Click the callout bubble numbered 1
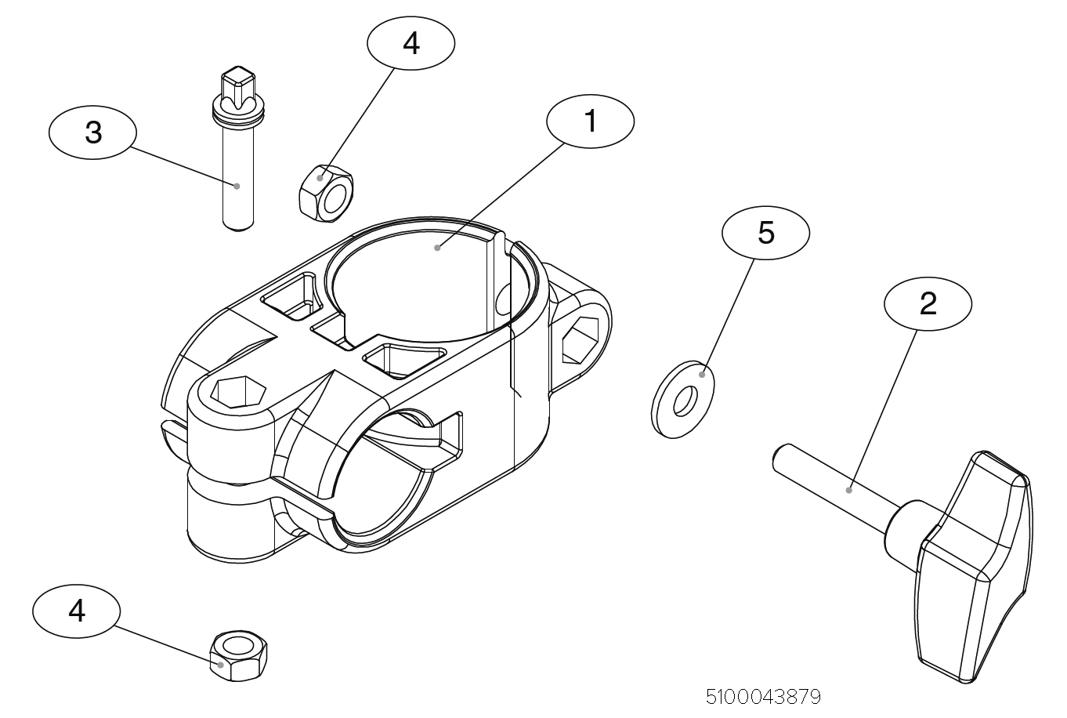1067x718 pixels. pos(590,122)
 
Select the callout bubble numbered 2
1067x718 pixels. pos(928,303)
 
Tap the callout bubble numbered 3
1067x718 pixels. pos(92,133)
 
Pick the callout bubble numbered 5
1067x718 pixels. pos(765,232)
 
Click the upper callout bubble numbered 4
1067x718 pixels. pos(411,44)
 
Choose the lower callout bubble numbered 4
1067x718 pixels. pos(77,611)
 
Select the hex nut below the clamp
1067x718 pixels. pos(238,655)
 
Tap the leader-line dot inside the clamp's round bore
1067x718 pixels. pos(436,247)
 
